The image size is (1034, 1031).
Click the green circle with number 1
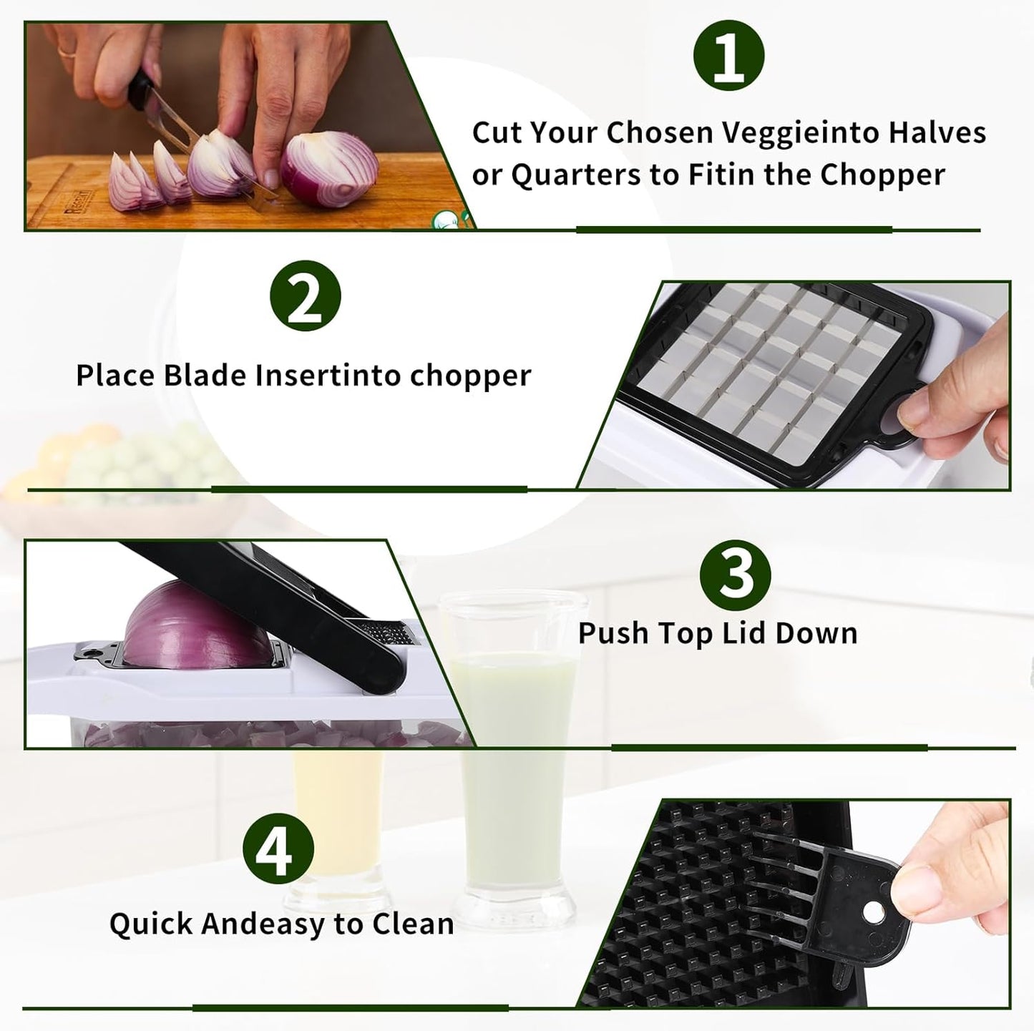tap(729, 56)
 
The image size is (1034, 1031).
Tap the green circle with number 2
tap(306, 296)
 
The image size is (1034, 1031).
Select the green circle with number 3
tap(736, 572)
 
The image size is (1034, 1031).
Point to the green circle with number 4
tap(278, 851)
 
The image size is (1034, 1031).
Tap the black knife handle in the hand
tap(140, 91)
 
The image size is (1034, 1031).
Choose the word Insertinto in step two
tap(328, 376)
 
